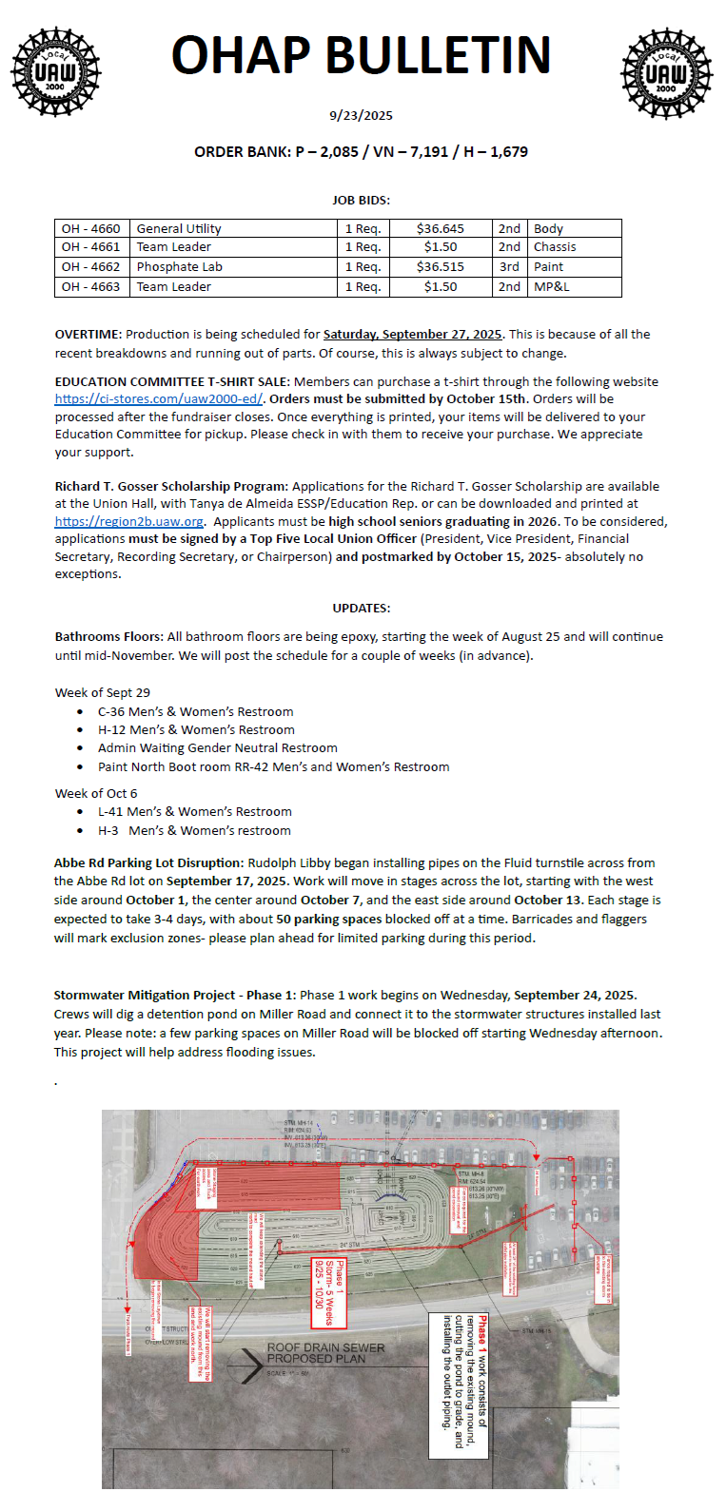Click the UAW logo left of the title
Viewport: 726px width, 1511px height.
(x=55, y=72)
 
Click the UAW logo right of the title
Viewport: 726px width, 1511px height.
(x=665, y=73)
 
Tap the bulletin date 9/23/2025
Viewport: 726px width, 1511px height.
(x=361, y=115)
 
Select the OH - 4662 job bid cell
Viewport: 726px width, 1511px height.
(x=91, y=267)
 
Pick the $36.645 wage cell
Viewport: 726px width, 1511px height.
(x=441, y=228)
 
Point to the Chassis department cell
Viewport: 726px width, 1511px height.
(x=555, y=247)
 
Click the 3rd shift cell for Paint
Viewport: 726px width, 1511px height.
(x=509, y=267)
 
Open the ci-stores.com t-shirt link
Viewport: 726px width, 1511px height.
(x=159, y=399)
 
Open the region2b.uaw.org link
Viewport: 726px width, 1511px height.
(x=129, y=522)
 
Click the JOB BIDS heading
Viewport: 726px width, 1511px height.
(x=361, y=201)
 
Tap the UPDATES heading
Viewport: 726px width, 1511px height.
(x=361, y=608)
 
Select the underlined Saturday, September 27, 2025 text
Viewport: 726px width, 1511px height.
(x=412, y=335)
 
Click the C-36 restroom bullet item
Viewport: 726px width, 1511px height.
(x=195, y=712)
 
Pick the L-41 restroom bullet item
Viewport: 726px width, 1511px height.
(x=194, y=812)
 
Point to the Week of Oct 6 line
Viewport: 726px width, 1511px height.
(x=96, y=793)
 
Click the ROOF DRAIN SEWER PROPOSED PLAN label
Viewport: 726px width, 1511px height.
(x=325, y=1353)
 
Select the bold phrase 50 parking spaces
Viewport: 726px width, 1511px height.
(x=329, y=920)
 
